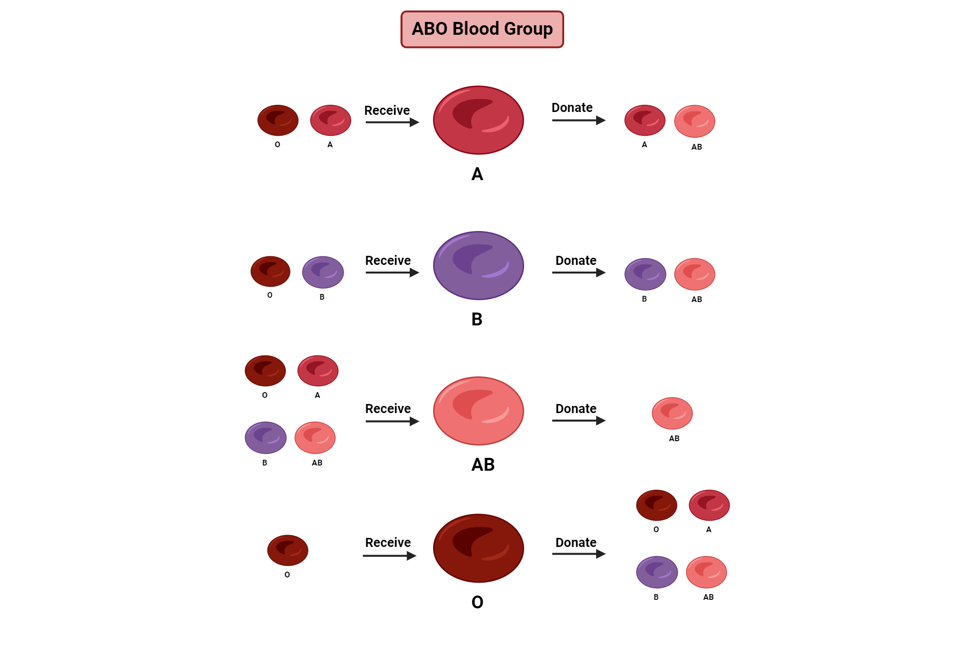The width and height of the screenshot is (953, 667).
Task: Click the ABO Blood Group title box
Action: [482, 29]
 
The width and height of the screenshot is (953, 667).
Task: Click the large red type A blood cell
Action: [478, 120]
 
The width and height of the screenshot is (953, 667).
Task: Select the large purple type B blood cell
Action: [478, 265]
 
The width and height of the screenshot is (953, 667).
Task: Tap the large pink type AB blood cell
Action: [478, 411]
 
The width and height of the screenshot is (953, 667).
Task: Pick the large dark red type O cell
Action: [478, 548]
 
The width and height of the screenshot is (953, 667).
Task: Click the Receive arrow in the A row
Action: [392, 122]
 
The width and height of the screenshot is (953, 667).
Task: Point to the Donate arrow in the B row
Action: [578, 273]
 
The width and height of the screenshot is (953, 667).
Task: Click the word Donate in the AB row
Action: [576, 408]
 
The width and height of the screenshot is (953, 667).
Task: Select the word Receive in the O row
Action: [387, 542]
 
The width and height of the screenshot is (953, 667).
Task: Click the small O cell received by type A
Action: [278, 121]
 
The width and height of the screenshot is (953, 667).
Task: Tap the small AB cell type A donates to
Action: [694, 121]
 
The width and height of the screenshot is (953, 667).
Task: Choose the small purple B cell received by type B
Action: [323, 272]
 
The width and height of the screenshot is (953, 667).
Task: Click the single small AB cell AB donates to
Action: [672, 413]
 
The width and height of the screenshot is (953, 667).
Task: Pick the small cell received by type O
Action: [287, 550]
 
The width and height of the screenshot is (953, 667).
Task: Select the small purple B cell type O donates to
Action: [657, 572]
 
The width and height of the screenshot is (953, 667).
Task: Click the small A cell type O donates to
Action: [709, 505]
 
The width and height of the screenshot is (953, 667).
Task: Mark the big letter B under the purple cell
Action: [476, 319]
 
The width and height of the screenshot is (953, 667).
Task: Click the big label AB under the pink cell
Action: [483, 465]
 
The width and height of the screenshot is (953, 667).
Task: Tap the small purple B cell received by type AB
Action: [265, 437]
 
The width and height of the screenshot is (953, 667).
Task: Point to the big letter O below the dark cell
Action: [477, 602]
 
